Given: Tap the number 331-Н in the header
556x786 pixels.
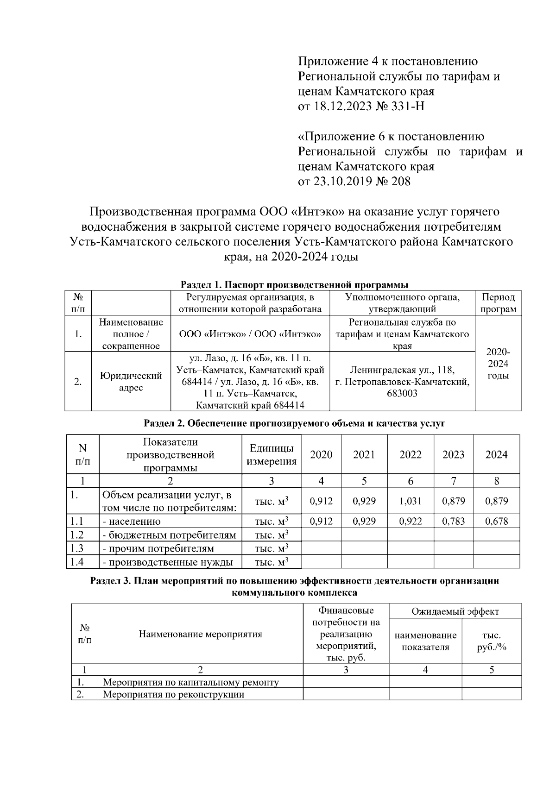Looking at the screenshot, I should pos(408,107).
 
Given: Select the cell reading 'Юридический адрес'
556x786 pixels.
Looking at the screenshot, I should pos(131,382).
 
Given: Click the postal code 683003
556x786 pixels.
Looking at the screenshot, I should pos(402,394).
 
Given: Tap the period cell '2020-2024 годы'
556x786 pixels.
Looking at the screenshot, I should pos(498,364).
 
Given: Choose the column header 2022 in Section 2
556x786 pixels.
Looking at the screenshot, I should pos(411,454).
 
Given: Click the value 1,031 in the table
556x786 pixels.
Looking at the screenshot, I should pos(411,501).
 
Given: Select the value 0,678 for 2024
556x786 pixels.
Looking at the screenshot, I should pos(496,521).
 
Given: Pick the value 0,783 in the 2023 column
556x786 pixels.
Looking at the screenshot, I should pos(454,521).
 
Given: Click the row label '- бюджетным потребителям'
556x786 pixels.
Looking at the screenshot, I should pos(169,535).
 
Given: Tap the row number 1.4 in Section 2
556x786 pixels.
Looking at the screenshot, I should pos(77,562).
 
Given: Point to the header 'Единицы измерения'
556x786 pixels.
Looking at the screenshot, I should pos(272,454).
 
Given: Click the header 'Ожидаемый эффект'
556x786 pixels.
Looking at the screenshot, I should pos(455,611).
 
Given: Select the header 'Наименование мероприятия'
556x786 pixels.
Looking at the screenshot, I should pos(200,634).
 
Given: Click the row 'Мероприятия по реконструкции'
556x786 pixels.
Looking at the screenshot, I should pos(173,694).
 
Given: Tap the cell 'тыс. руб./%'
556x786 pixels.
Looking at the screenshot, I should pos(492,641).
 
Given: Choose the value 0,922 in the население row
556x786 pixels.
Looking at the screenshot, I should pos(411,521).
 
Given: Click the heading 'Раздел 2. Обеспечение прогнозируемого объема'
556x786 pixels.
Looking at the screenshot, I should pos(295,423).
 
